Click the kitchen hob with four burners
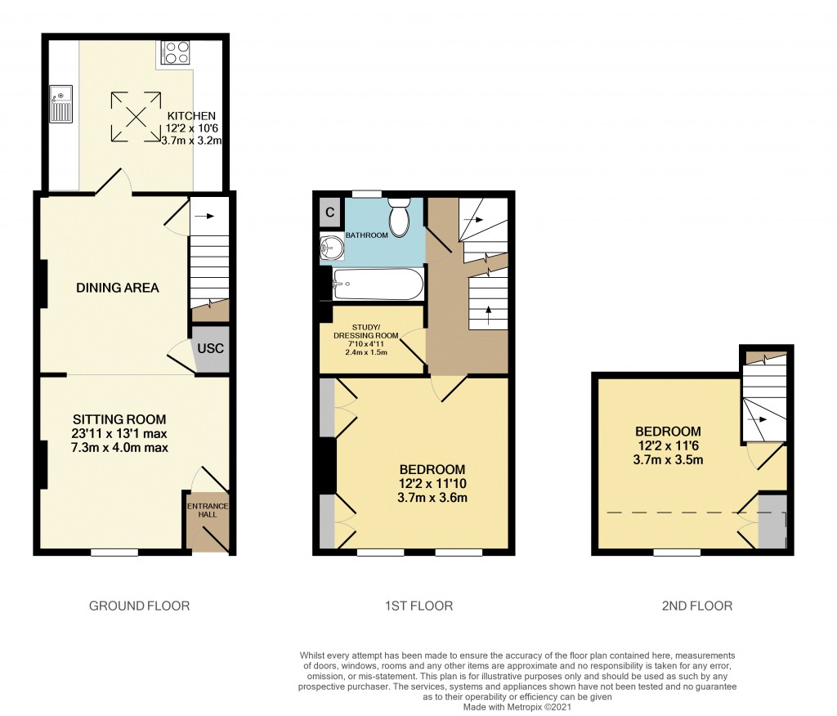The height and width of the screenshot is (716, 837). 177,51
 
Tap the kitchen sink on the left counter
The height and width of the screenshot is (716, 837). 60,104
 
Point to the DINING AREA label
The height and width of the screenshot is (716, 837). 118,288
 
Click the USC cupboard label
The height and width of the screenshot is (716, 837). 211,348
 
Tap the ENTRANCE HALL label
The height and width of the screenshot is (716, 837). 208,511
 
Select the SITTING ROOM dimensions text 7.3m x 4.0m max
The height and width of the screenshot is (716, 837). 119,447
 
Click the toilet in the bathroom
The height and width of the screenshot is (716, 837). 399,217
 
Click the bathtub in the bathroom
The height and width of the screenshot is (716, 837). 378,285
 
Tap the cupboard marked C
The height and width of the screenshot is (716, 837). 329,212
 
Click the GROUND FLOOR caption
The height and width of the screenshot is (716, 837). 139,606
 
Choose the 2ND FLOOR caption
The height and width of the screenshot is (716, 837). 697,606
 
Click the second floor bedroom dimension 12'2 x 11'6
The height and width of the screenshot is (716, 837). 668,445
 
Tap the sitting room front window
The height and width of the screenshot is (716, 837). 114,553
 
